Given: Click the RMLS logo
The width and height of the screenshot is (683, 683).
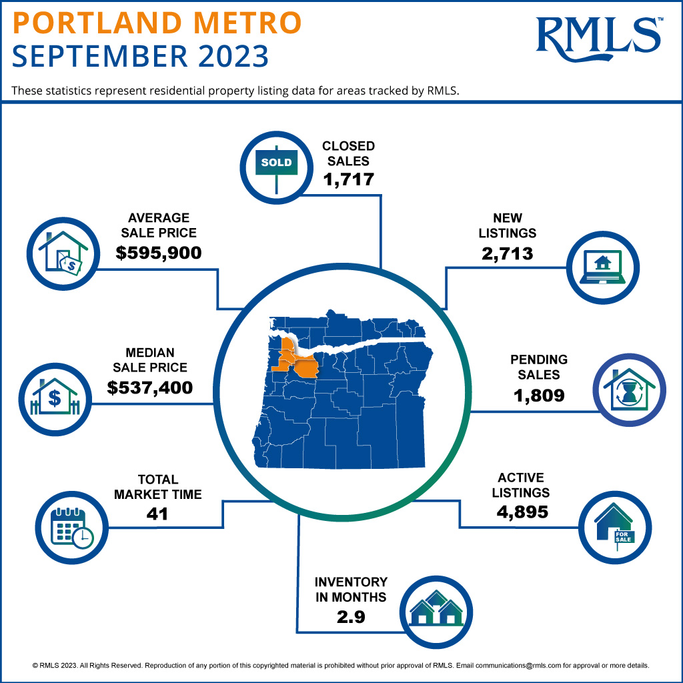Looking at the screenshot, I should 598,37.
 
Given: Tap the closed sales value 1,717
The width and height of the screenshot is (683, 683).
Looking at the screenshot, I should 348,179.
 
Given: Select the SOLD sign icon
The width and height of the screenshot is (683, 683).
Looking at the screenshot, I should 275,162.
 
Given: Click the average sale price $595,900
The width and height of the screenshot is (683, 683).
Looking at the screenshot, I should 158,253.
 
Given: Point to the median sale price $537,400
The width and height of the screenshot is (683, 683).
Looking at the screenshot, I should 149,387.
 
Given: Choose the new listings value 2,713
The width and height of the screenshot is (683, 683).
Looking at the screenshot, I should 508,253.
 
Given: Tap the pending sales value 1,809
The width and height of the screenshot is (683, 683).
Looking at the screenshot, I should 539,395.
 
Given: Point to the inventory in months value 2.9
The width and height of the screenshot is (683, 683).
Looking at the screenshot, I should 351,617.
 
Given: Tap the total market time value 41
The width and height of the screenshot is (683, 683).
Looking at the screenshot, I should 157,514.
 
